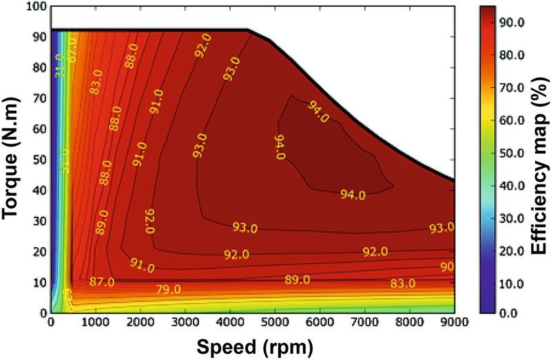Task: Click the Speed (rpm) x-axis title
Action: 252,346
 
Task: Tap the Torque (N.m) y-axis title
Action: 12,158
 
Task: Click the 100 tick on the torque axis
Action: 36,8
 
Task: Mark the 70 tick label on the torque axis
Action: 39,98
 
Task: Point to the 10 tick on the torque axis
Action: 39,282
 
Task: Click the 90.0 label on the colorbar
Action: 511,22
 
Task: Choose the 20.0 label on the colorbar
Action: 511,250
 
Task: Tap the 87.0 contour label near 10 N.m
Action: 101,282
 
